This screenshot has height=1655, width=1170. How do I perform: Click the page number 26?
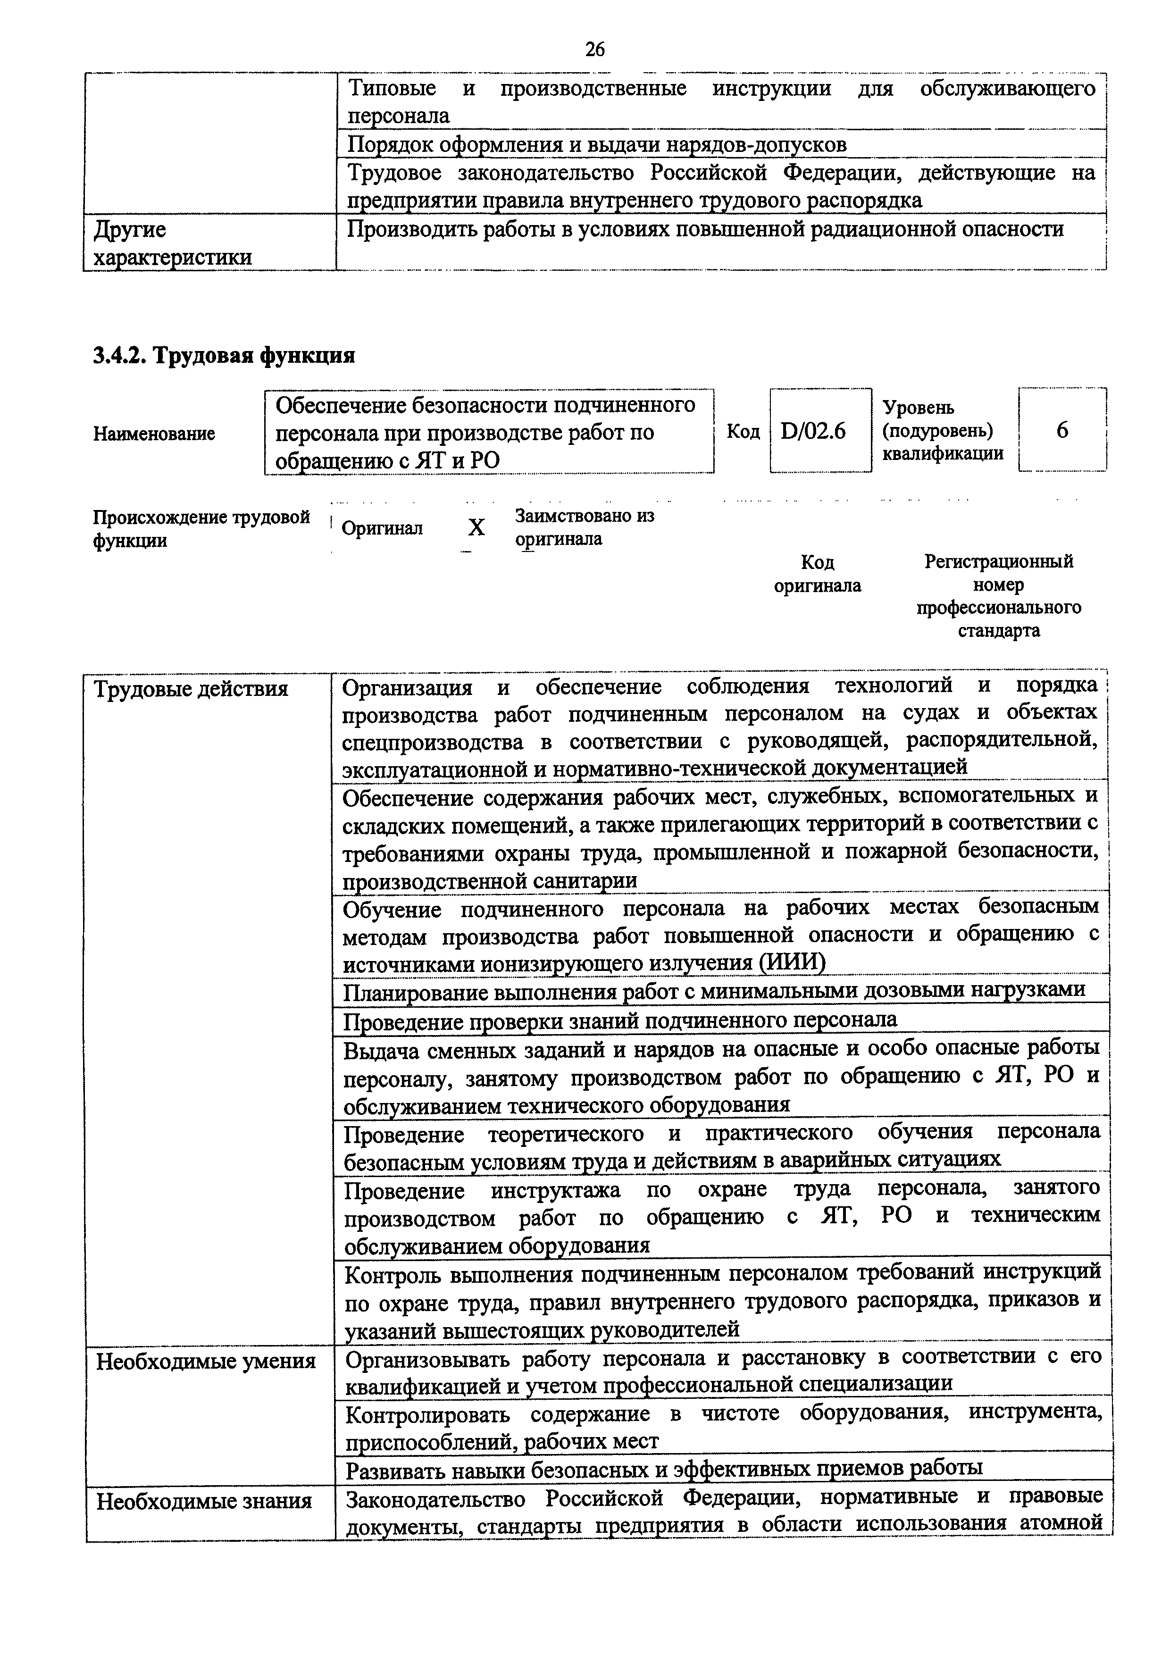pyautogui.click(x=595, y=49)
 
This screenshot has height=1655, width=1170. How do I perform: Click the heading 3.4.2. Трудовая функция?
pyautogui.click(x=224, y=355)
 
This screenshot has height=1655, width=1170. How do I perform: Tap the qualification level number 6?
pyautogui.click(x=1062, y=430)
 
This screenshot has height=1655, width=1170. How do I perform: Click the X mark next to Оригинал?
pyautogui.click(x=476, y=528)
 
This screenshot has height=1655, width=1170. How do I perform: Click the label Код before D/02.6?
pyautogui.click(x=743, y=431)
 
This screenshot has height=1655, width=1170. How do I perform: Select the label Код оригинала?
pyautogui.click(x=818, y=574)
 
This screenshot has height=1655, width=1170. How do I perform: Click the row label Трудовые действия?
pyautogui.click(x=191, y=689)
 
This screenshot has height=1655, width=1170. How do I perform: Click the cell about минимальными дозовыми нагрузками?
pyautogui.click(x=714, y=990)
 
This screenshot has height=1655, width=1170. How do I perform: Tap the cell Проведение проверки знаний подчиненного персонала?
pyautogui.click(x=620, y=1020)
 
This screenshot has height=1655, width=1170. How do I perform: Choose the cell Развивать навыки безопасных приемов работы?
pyautogui.click(x=663, y=1468)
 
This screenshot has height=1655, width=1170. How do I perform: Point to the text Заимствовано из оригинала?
pyautogui.click(x=584, y=527)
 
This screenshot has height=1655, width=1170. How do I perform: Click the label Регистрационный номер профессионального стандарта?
pyautogui.click(x=998, y=595)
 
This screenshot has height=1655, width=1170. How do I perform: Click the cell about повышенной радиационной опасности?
pyautogui.click(x=705, y=229)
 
